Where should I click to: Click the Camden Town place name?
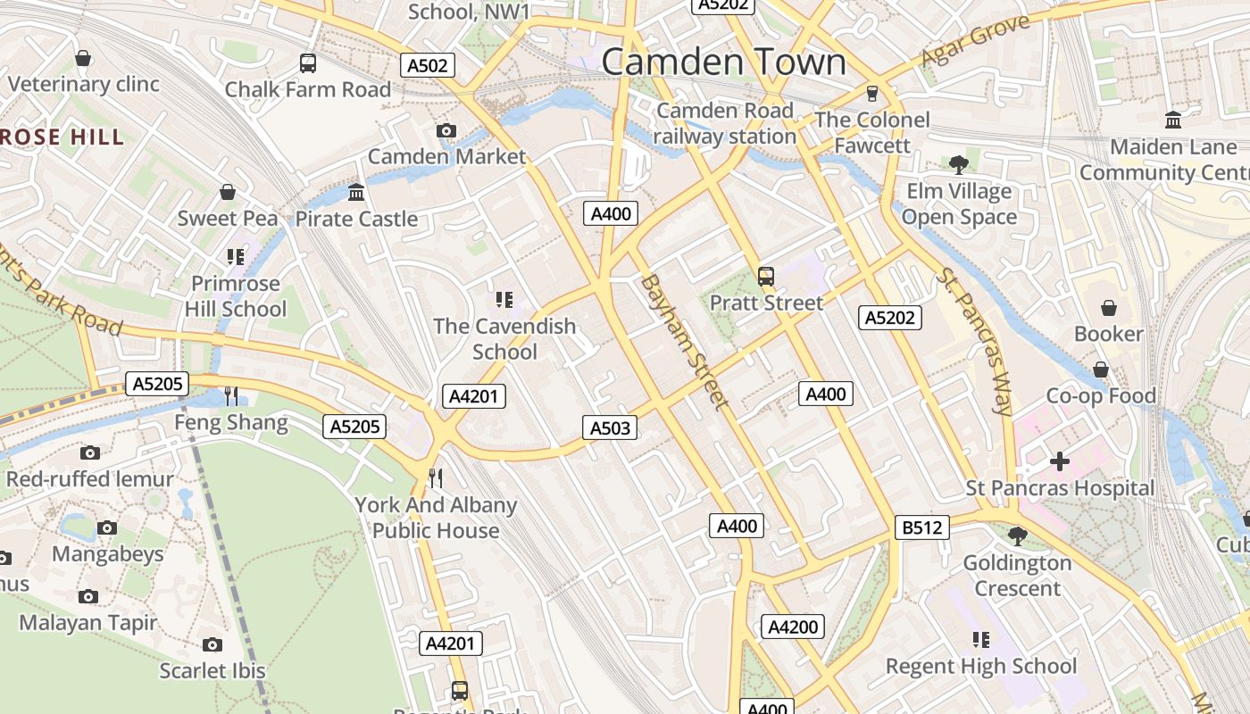pos(723,62)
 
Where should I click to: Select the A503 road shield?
pos(611,428)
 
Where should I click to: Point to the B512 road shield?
pos(921,528)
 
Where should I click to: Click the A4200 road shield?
pos(793,627)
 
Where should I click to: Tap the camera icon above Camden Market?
pos(446,131)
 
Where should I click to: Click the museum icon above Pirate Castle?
pos(356,193)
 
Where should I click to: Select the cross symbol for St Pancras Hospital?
pos(1060,461)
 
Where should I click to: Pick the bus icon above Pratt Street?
pos(765,277)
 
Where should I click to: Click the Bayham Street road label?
pos(684,342)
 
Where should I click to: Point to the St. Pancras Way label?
pos(975,341)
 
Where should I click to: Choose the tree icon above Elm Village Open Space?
pos(959,164)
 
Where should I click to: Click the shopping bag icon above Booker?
pos(1108,308)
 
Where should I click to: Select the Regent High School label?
pos(980,666)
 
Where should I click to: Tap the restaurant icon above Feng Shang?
pos(230,395)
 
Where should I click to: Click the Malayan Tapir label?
pos(87,622)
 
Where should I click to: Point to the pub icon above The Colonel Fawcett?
pos(872,94)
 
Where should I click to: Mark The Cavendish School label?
pos(504,338)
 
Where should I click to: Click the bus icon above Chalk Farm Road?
pos(307,63)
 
